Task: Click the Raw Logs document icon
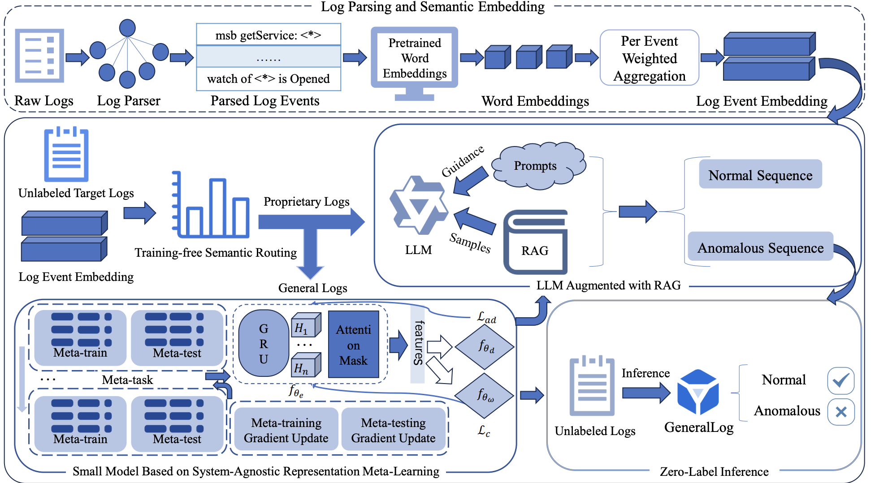coord(39,56)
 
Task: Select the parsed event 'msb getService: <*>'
coord(269,35)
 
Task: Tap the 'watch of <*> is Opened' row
coord(269,79)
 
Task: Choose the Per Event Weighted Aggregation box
coord(649,58)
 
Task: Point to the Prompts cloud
coord(537,166)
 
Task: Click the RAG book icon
coord(535,242)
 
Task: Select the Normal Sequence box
coord(760,175)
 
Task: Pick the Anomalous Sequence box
coord(760,247)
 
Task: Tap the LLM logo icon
coord(418,206)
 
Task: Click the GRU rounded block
coord(264,343)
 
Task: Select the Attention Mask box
coord(354,345)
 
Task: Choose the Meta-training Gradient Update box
coord(286,430)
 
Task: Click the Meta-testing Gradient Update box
coord(393,430)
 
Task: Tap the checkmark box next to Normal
coord(840,381)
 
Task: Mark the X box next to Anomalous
coord(840,412)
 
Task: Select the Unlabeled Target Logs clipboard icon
coord(66,155)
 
